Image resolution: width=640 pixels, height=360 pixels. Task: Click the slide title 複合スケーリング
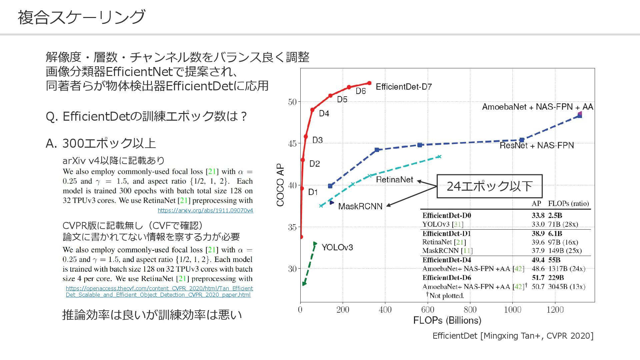coord(81,17)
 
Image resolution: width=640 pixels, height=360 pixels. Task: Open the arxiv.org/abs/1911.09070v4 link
coord(205,210)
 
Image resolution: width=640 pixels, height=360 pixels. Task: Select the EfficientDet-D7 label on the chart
coord(404,87)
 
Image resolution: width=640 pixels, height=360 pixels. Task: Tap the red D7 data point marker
coord(369,83)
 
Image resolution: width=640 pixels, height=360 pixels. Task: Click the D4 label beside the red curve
coord(324,114)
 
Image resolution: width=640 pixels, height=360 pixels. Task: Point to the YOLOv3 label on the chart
coord(337,247)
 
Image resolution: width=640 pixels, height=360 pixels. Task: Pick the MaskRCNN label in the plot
coord(360,206)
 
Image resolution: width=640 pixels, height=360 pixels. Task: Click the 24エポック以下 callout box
coord(489,186)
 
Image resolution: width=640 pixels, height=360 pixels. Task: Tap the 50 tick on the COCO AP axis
coord(292,102)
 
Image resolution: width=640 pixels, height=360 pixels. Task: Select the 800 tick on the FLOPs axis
coord(470,310)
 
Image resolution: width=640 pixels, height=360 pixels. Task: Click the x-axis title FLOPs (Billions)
coord(447,320)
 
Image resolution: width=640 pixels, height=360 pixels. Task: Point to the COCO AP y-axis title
coord(280,185)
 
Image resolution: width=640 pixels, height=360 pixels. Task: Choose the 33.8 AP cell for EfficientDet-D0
coord(538,215)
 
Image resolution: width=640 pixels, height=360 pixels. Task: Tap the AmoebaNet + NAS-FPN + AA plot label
coord(537,107)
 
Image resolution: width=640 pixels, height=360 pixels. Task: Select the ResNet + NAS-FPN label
coord(537,145)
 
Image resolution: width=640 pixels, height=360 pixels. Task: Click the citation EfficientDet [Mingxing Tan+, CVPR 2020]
coord(513,336)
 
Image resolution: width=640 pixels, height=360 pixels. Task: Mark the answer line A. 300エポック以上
coord(101,143)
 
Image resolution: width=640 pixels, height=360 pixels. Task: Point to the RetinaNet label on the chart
coord(394,180)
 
